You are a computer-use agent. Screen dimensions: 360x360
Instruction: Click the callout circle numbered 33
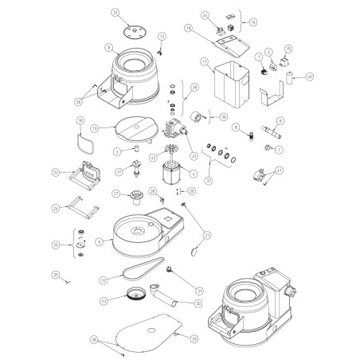(115, 14)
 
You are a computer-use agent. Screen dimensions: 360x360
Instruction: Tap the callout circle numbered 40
(310, 76)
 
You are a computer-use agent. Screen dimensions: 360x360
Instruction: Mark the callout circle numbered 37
(209, 181)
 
